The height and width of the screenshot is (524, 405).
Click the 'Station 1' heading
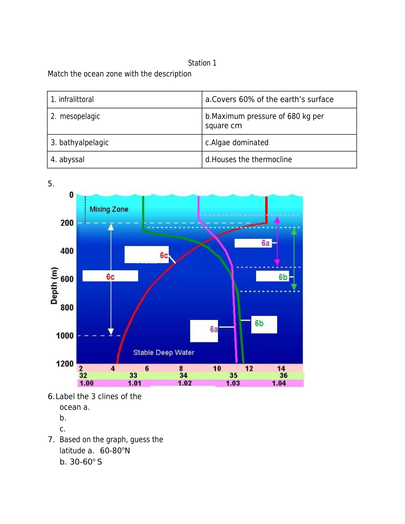click(x=202, y=63)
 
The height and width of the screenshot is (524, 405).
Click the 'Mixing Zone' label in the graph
click(x=109, y=209)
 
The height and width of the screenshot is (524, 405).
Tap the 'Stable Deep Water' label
click(x=163, y=353)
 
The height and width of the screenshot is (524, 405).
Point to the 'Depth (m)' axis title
click(x=54, y=286)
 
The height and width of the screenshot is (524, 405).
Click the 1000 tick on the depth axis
click(x=65, y=336)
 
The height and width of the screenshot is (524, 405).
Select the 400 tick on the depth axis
click(x=67, y=251)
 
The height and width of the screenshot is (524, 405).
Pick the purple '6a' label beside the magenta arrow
click(x=265, y=243)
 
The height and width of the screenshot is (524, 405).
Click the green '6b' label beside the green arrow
click(x=283, y=277)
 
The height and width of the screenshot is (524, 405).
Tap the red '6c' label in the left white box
click(x=110, y=277)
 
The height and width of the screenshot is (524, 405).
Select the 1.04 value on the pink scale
click(x=279, y=383)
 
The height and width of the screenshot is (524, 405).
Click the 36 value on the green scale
click(x=283, y=376)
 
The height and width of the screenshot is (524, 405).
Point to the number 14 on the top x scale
click(x=281, y=368)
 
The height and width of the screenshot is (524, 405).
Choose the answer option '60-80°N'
click(x=115, y=451)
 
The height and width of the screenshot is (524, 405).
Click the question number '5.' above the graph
click(x=51, y=184)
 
